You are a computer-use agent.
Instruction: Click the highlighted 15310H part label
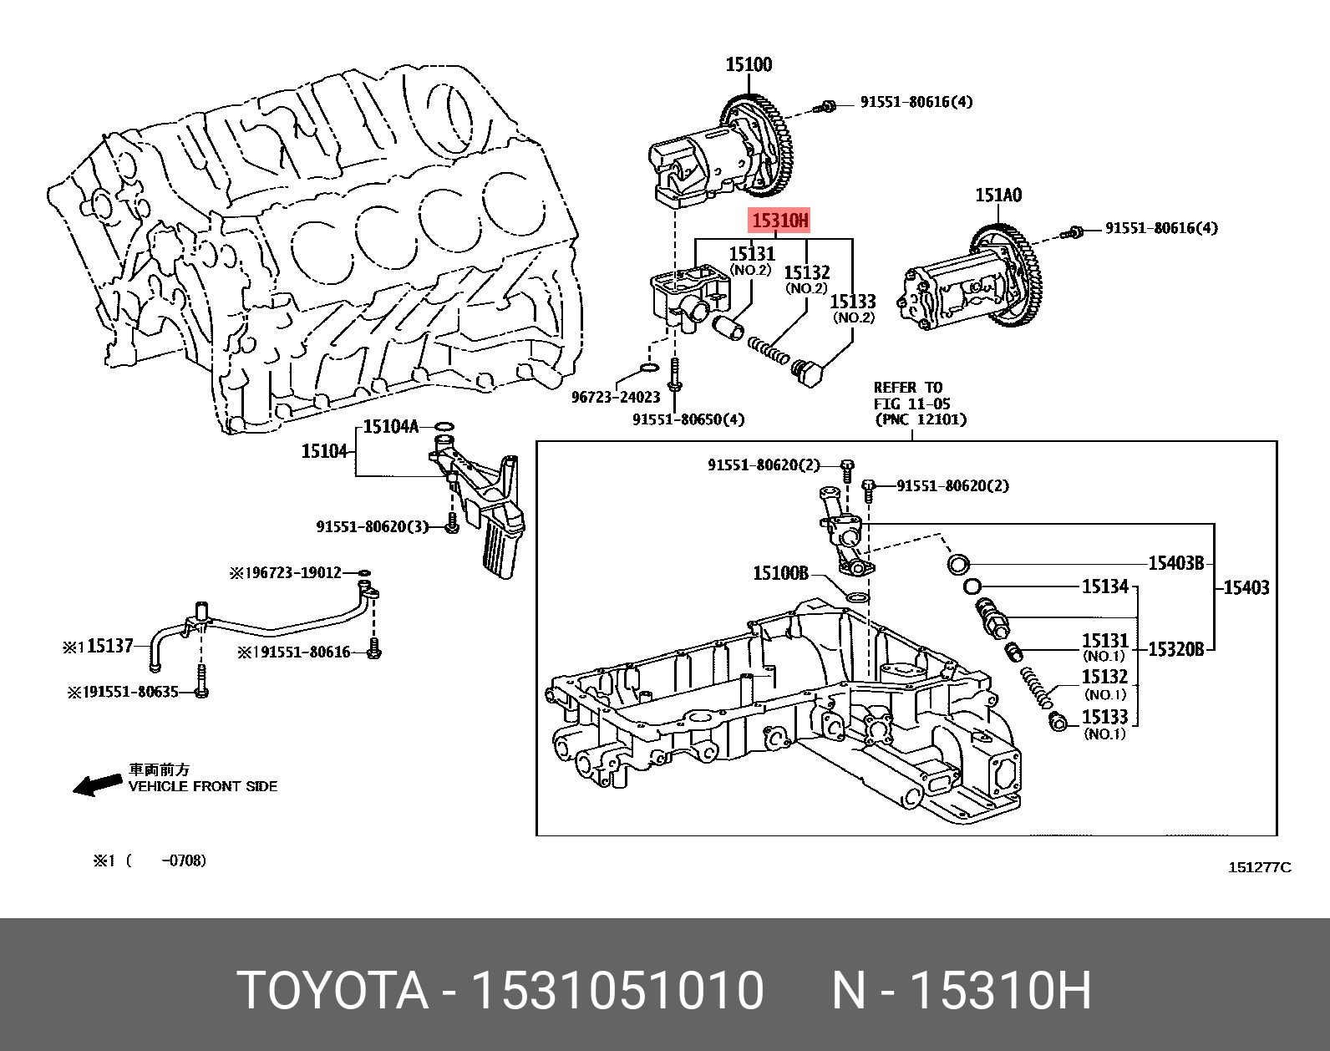[779, 221]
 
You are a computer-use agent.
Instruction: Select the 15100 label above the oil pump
[748, 64]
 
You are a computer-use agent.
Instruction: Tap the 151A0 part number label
[998, 195]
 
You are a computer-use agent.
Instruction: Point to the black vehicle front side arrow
[97, 784]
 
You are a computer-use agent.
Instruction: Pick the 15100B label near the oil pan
[780, 573]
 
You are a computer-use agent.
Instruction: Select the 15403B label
[1175, 563]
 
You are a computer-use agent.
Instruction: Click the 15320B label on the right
[1175, 648]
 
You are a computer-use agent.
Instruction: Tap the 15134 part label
[1104, 587]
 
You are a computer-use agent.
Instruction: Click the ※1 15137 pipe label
[99, 646]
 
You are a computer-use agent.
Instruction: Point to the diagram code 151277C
[1259, 867]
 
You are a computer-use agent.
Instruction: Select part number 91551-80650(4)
[688, 419]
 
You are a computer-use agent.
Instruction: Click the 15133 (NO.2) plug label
[852, 307]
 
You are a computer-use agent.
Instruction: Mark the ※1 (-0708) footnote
[149, 861]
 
